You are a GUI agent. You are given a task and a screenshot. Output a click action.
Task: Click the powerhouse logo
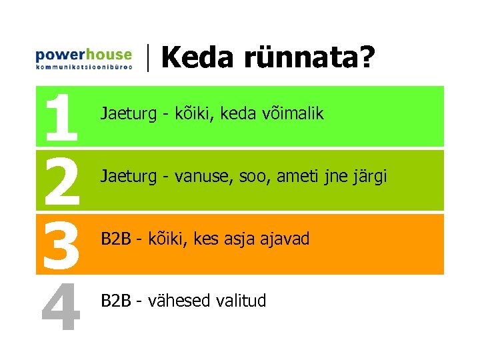[x=83, y=57]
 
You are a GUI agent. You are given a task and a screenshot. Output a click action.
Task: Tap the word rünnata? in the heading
[x=309, y=58]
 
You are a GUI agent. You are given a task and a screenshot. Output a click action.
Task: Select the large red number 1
[x=61, y=118]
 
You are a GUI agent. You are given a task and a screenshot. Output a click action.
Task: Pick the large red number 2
[x=61, y=181]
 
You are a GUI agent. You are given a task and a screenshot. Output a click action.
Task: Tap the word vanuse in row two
[x=198, y=177]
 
